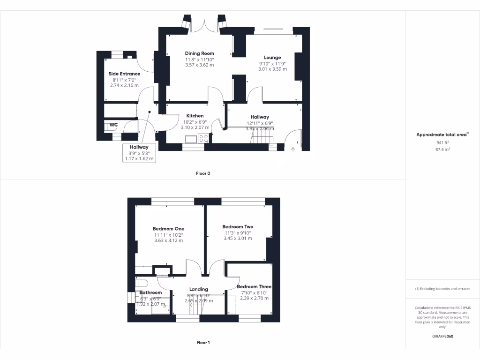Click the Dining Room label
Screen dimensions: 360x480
click(199, 53)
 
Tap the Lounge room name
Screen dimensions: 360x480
click(272, 58)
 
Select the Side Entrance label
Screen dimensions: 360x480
click(124, 74)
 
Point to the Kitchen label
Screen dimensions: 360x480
click(195, 116)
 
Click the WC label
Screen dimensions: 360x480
click(113, 125)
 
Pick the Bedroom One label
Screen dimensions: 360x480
click(168, 229)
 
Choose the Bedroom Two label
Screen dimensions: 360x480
click(238, 227)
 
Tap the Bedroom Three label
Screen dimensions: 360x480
click(254, 286)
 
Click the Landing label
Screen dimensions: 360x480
click(198, 289)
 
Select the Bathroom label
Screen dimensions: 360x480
click(150, 292)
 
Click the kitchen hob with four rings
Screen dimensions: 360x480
click(204, 138)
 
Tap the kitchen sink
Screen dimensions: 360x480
click(191, 138)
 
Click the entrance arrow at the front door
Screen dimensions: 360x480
click(293, 149)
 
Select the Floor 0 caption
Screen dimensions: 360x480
click(203, 173)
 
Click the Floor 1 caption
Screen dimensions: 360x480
click(203, 343)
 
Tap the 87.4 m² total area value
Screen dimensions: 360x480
click(442, 149)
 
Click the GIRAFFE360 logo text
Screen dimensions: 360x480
click(442, 336)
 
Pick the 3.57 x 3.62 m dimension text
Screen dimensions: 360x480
click(199, 65)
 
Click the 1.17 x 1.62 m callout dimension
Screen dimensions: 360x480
click(139, 159)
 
